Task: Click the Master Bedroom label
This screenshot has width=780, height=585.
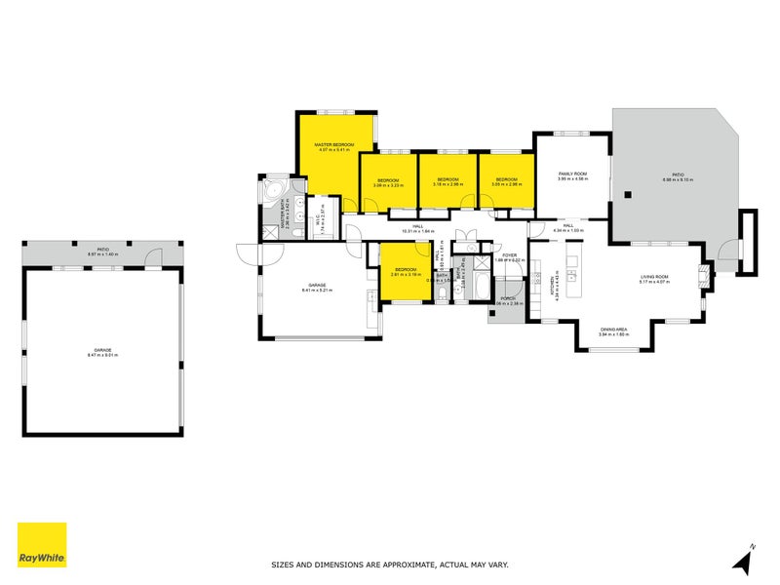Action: (333, 144)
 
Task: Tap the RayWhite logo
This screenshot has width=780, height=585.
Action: (42, 545)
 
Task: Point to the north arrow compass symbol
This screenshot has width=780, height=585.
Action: (743, 561)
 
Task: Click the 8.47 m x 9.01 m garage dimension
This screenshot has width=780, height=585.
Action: (102, 355)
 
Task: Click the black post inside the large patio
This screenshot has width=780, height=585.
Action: (630, 193)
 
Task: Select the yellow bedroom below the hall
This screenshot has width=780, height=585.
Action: (404, 272)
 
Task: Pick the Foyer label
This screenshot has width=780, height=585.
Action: (509, 255)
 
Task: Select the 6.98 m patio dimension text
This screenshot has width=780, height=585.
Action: (678, 180)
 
